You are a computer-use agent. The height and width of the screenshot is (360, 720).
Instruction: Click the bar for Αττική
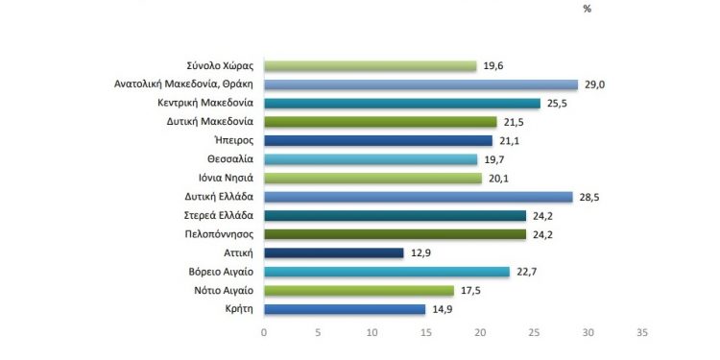coord(333,252)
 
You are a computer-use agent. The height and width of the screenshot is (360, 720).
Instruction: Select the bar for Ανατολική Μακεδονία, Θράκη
coord(420,84)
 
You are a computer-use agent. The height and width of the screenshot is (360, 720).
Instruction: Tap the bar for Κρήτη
coord(344,309)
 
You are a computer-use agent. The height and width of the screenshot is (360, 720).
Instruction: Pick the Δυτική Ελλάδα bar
coord(418,197)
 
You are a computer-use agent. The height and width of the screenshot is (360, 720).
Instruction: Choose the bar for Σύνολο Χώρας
coord(370,65)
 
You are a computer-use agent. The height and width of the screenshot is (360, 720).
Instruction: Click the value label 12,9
coord(420,252)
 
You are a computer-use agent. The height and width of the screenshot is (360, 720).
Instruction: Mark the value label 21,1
coord(509,140)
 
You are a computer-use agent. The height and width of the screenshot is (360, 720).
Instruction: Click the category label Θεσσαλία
coord(227,159)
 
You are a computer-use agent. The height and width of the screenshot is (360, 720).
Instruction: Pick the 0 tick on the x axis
coord(264,332)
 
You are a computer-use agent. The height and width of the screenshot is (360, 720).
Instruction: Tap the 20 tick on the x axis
coord(480,332)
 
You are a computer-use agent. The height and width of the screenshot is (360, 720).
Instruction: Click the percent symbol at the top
coord(586,9)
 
